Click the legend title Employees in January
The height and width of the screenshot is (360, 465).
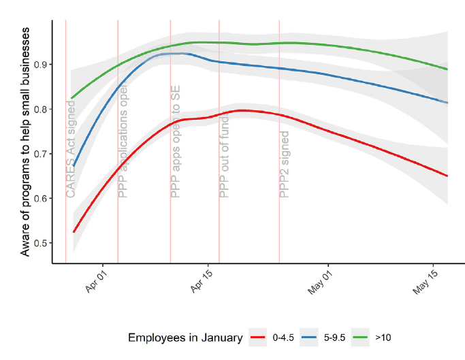(x=185, y=338)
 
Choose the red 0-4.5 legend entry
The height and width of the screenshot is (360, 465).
(x=272, y=338)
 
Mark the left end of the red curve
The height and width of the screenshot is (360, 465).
(x=74, y=232)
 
